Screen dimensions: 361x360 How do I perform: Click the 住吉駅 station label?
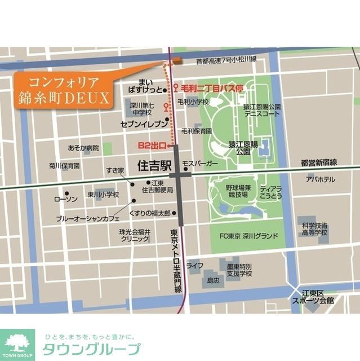tap(154, 166)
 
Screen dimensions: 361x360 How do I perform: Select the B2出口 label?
tap(151, 146)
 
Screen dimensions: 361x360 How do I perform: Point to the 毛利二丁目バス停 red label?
tap(212, 88)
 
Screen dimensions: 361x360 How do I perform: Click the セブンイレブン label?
tap(144, 122)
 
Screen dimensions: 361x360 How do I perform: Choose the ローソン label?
tap(65, 200)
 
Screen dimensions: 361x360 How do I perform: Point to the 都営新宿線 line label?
tap(318, 162)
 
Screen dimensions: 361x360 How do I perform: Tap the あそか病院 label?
tap(83, 148)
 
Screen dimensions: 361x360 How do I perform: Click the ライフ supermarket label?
tap(195, 265)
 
